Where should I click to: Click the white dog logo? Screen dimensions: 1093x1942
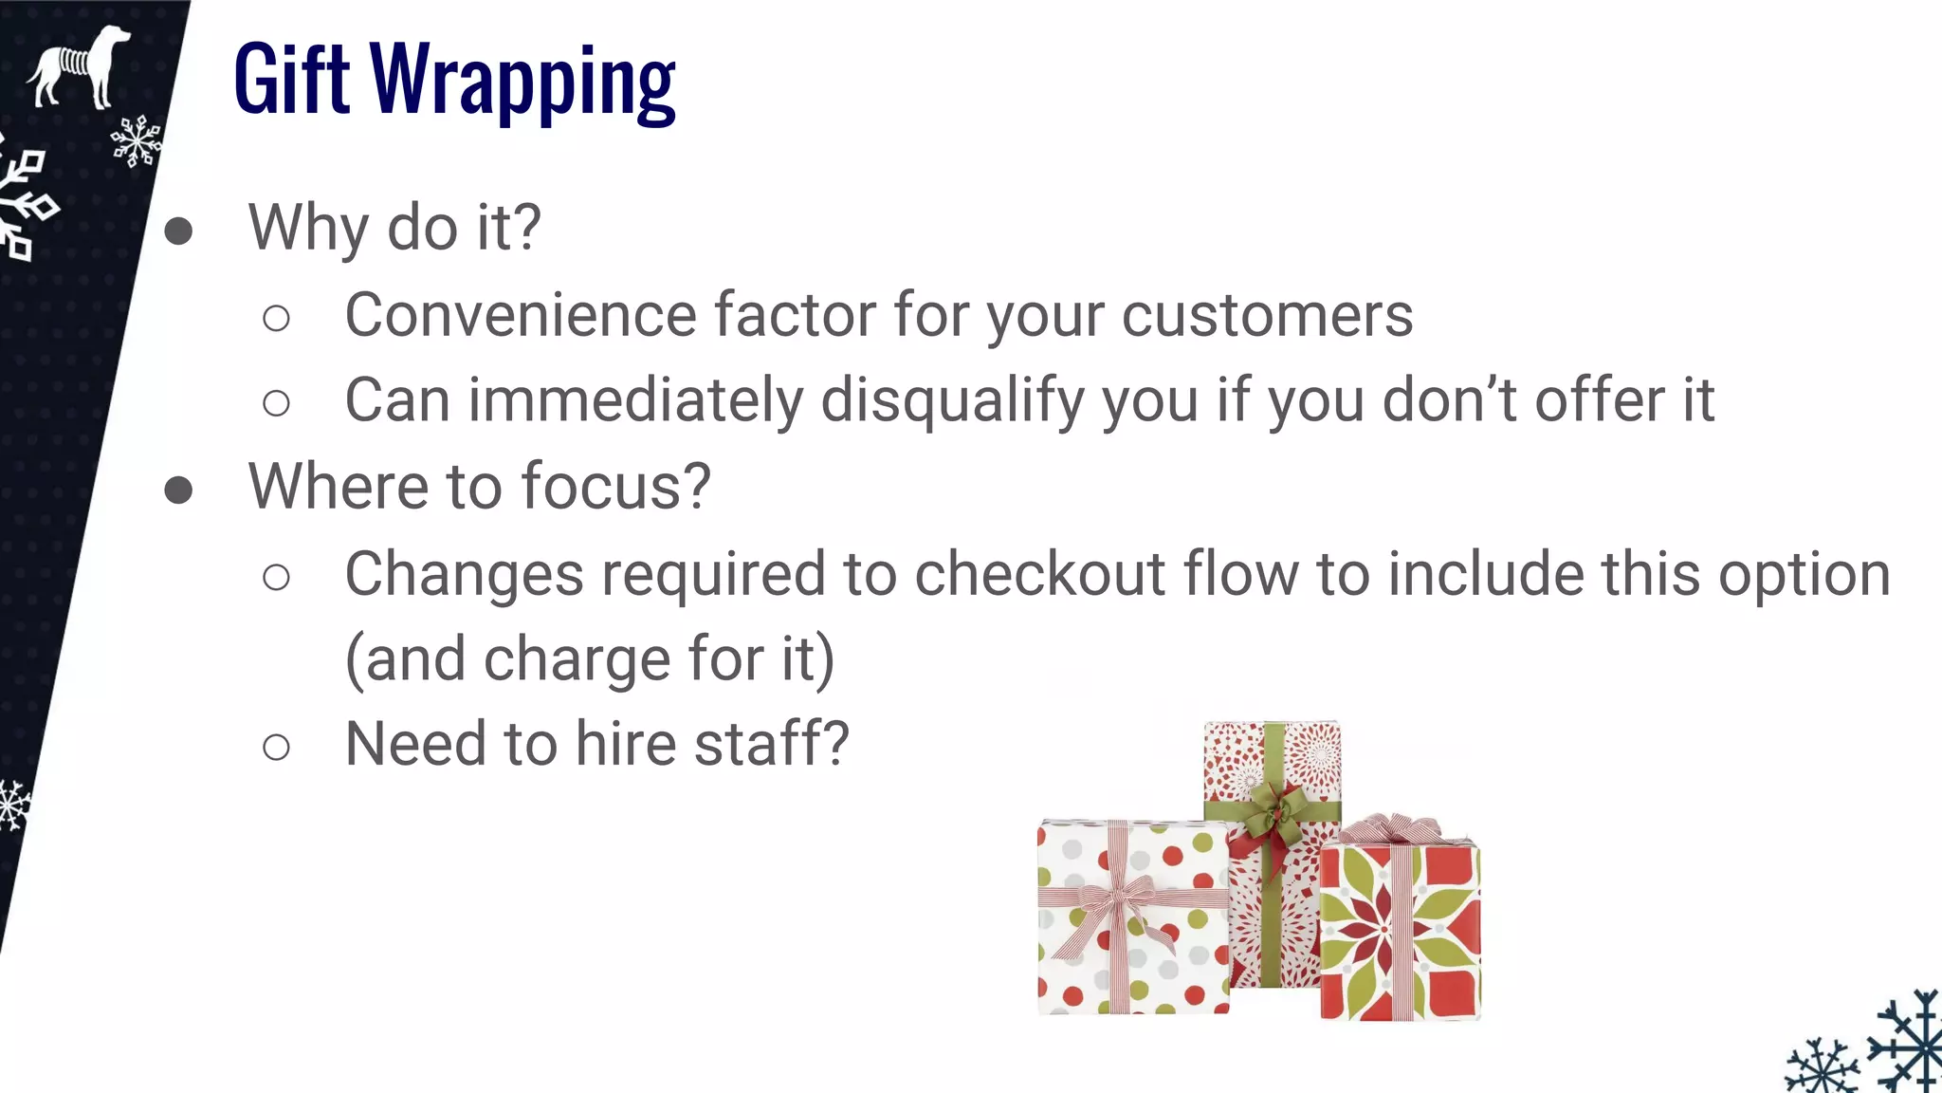point(79,66)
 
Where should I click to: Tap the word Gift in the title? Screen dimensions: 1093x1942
point(292,80)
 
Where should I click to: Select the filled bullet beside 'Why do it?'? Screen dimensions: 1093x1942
point(178,231)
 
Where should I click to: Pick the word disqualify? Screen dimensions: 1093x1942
point(952,400)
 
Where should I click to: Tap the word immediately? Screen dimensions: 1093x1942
point(635,400)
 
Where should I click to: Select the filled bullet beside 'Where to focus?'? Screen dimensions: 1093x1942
point(178,490)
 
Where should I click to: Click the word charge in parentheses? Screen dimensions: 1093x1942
point(577,659)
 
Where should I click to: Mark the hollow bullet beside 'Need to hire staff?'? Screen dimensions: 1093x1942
point(276,748)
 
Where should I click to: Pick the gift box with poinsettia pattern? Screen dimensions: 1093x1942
point(1400,935)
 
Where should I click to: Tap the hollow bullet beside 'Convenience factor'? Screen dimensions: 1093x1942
point(276,319)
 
